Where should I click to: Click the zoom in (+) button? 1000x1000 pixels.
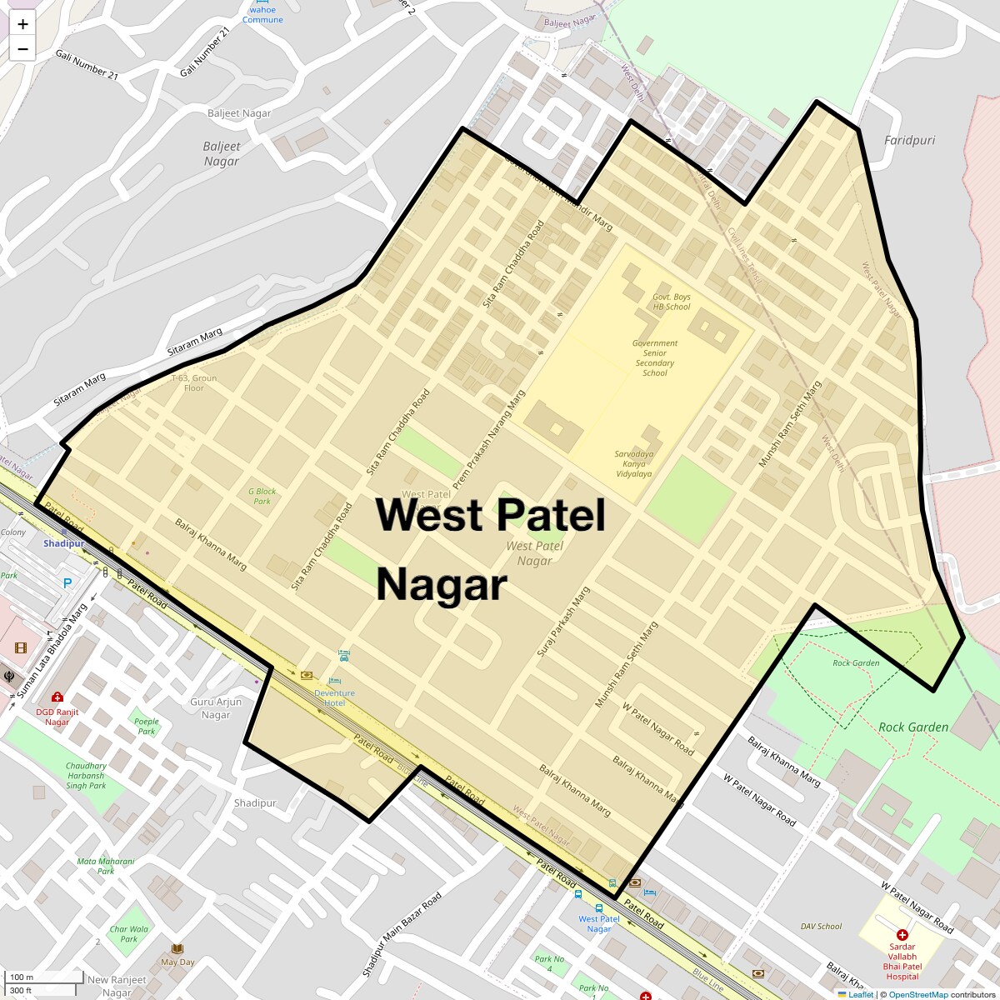pos(22,24)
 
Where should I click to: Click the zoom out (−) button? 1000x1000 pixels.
pos(22,49)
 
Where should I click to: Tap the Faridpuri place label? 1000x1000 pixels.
pos(909,140)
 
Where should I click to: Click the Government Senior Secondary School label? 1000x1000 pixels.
pos(655,358)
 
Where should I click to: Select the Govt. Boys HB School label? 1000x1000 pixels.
pos(671,302)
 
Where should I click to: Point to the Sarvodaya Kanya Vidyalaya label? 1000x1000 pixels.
pos(633,464)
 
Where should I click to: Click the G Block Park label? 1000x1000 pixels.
pos(262,496)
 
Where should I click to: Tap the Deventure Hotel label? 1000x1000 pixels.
pos(334,697)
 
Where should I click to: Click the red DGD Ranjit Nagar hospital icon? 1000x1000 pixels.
pos(57,697)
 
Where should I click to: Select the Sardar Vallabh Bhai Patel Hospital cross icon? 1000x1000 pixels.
pos(902,935)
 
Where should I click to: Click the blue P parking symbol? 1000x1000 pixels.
pos(67,583)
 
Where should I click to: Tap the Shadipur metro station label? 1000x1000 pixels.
pos(64,543)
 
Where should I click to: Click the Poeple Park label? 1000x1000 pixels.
pos(147,727)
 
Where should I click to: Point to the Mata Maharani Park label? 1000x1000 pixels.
pos(106,866)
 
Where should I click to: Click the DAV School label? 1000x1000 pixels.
pos(821,926)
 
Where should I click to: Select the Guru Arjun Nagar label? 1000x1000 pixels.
pos(216,708)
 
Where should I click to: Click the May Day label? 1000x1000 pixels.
pos(177,962)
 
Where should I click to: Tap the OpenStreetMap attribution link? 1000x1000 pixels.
pos(917,994)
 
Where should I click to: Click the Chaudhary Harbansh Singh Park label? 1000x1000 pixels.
pos(87,776)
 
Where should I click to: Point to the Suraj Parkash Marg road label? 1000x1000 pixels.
pos(563,622)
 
